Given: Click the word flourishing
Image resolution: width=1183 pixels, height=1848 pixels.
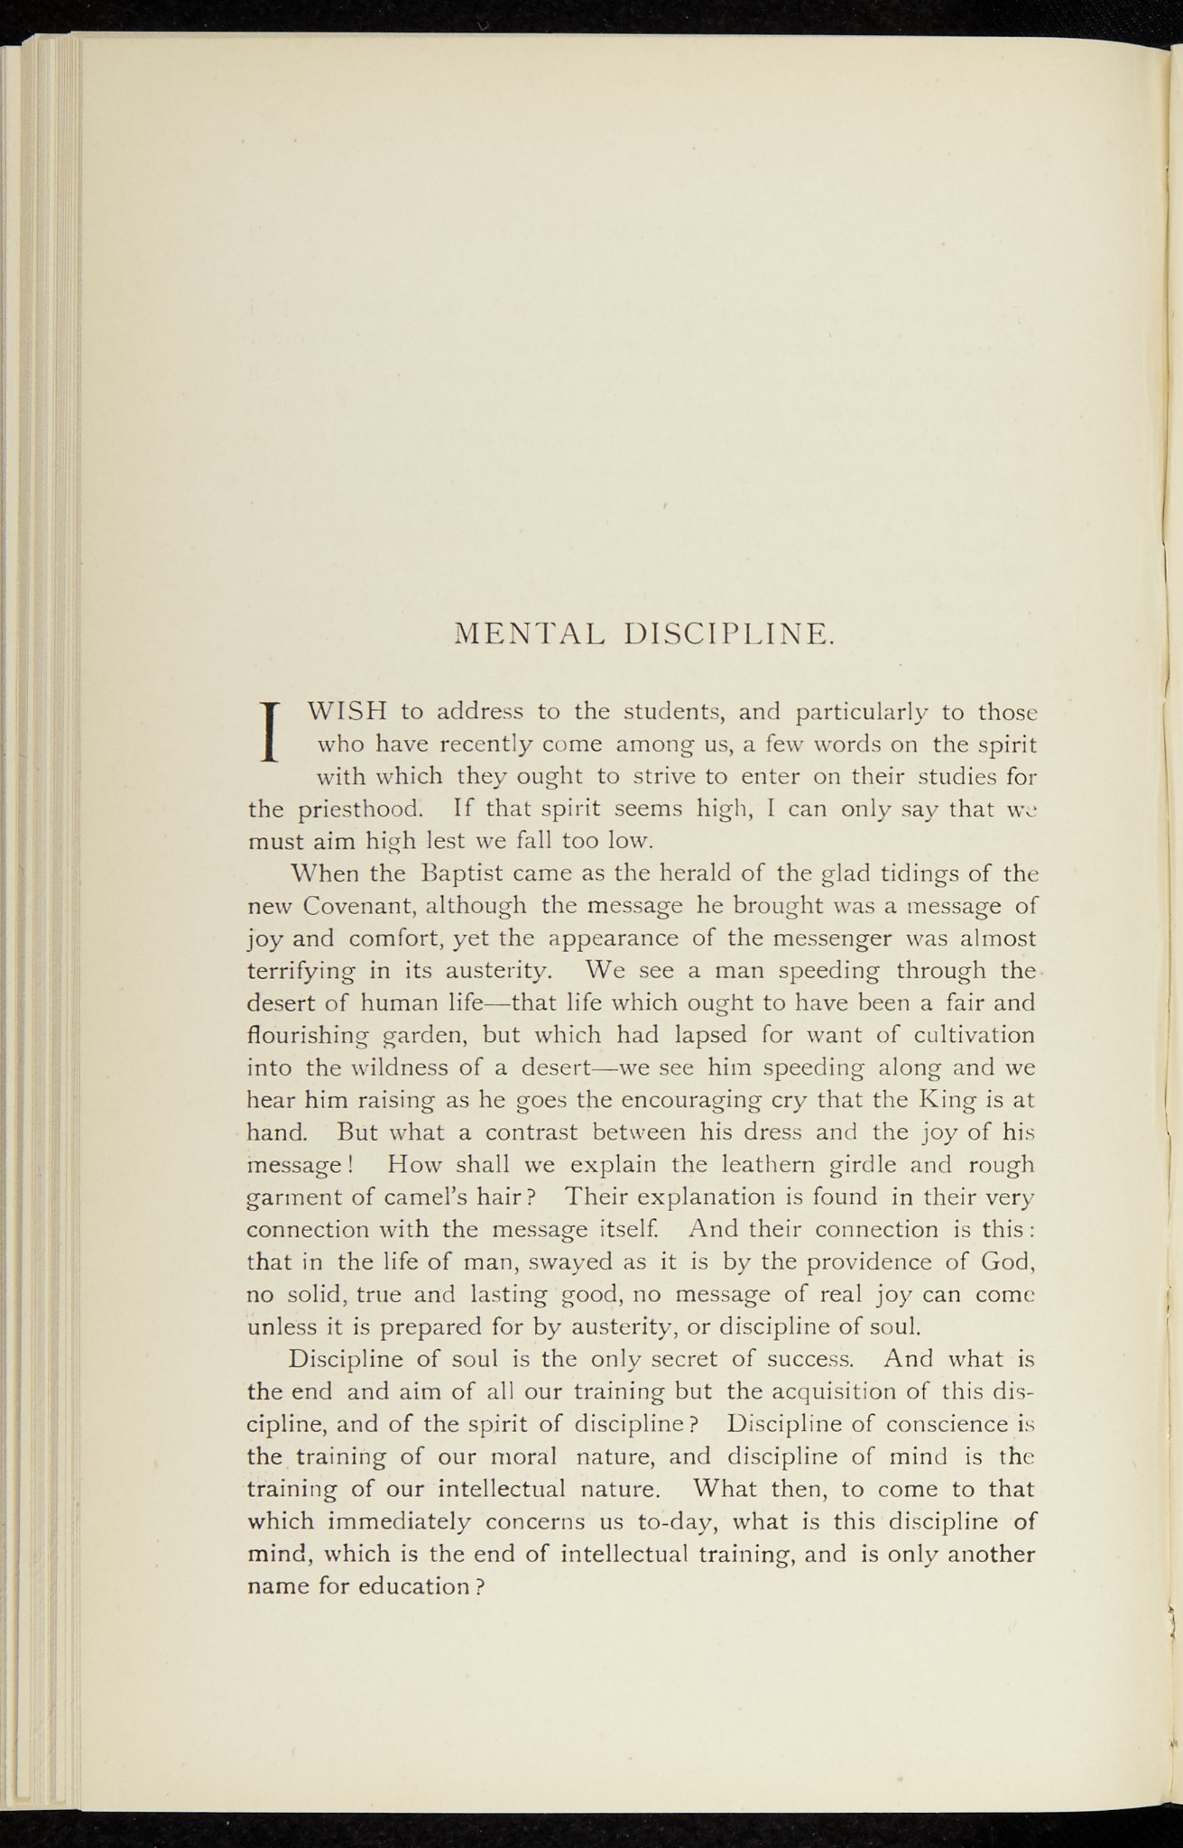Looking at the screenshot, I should click(x=306, y=1036).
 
